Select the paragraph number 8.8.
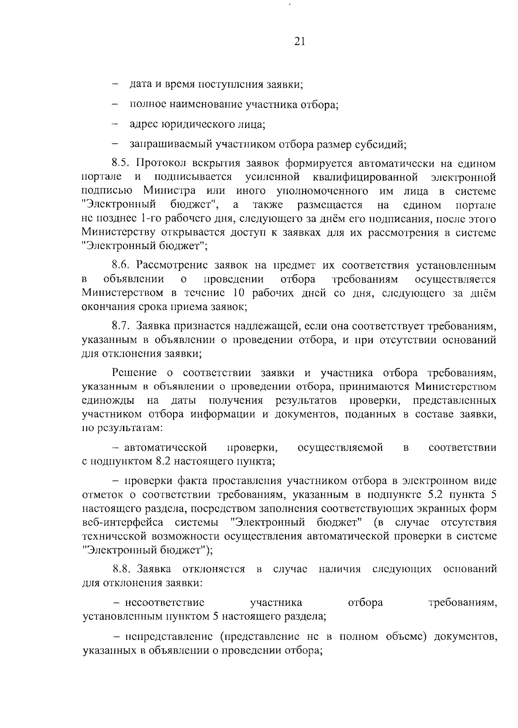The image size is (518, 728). (122, 569)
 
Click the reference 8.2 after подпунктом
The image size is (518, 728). (160, 461)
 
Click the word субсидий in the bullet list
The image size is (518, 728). (384, 144)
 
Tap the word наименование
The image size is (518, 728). (201, 104)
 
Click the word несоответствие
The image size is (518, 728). (165, 602)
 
